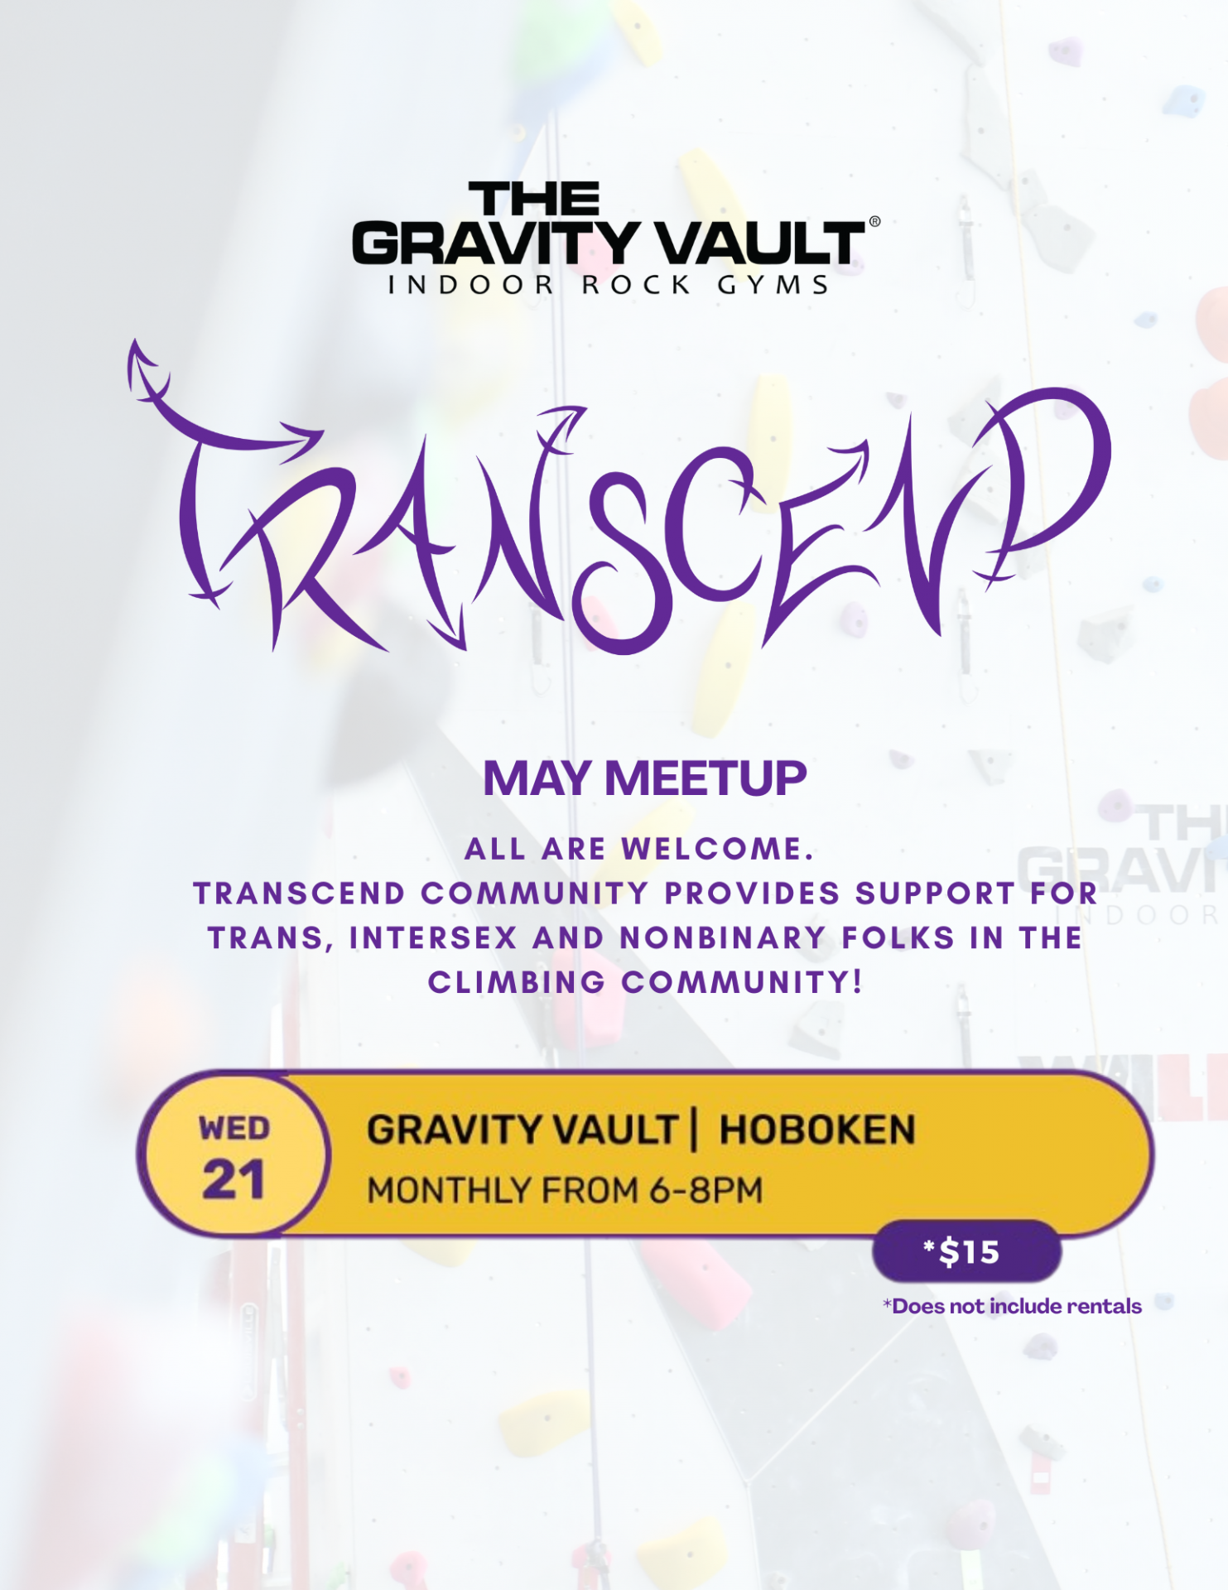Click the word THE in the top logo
pos(534,200)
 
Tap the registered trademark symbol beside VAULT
pos(874,222)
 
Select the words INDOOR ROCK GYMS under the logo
pos(609,285)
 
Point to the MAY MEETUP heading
pos(644,778)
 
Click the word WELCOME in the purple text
pos(718,849)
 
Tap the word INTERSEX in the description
pos(433,938)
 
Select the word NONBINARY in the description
pos(723,938)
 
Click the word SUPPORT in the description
pos(936,894)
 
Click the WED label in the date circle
pos(234,1129)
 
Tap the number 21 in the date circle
pos(234,1179)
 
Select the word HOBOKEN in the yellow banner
pos(817,1130)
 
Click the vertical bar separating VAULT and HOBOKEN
pos(695,1130)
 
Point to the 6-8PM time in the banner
pos(706,1191)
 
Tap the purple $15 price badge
pos(967,1251)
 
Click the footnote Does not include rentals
pos(1012,1306)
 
